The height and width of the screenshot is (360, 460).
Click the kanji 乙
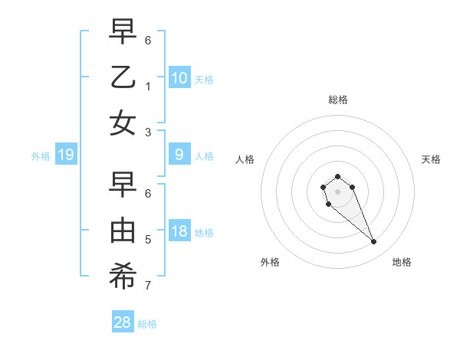[123, 78]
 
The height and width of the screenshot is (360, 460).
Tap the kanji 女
[123, 123]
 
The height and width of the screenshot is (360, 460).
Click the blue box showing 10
[179, 77]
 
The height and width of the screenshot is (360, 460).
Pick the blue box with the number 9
[179, 155]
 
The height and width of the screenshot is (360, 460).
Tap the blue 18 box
[179, 232]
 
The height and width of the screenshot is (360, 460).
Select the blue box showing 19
[66, 155]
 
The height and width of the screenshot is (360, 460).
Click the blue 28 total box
[123, 322]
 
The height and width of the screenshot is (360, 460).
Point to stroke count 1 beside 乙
[148, 86]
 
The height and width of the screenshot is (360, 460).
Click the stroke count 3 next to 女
[148, 132]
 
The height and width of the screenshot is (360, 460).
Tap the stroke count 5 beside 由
[148, 240]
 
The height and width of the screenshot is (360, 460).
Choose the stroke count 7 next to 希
[148, 286]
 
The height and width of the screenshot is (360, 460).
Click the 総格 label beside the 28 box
[147, 323]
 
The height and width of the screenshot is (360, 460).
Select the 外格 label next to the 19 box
[41, 155]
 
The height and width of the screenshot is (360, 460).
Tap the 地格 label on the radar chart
[402, 262]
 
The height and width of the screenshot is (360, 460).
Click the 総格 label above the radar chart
[337, 100]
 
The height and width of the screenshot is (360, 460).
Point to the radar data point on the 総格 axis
[337, 176]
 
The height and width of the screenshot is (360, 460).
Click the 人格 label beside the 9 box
[204, 155]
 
